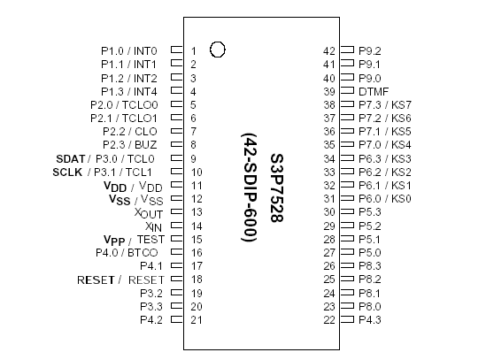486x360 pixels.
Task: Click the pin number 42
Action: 329,51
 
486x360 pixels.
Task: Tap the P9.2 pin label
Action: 370,51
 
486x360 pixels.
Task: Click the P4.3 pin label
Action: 370,319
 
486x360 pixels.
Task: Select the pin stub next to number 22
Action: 348,319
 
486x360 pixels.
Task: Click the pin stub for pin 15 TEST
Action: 176,239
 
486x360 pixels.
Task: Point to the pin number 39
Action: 329,91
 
